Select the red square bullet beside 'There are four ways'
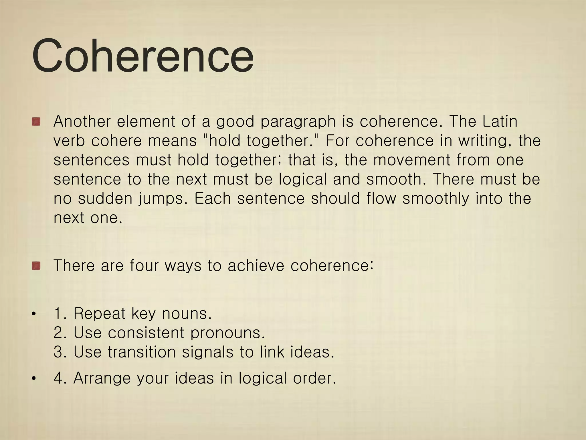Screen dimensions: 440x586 click(36, 266)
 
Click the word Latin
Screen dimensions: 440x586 click(500, 121)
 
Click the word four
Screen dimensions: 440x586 click(144, 265)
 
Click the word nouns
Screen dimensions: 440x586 click(186, 314)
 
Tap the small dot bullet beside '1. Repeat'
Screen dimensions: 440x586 click(34, 314)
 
